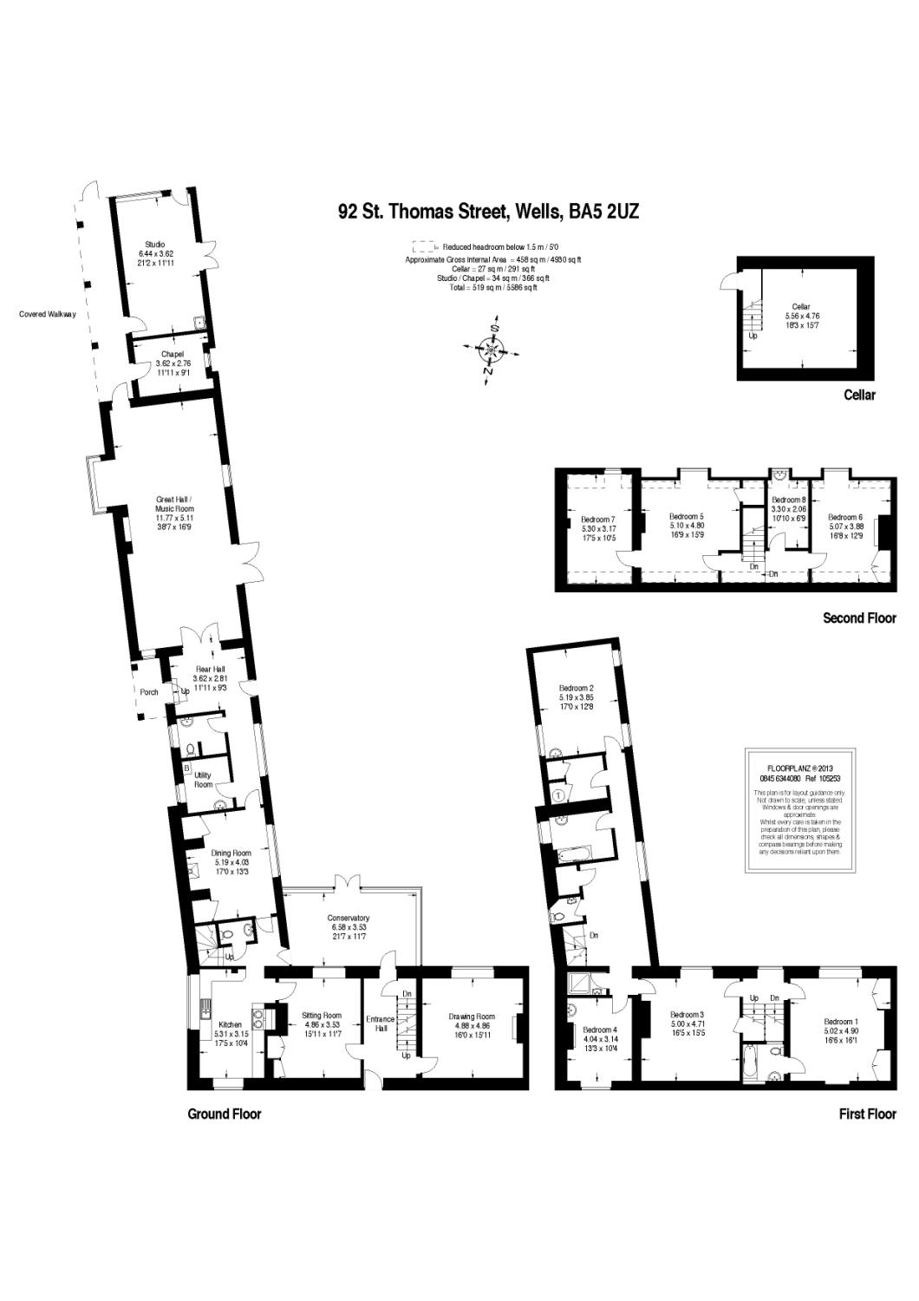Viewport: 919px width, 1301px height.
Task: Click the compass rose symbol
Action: point(492,350)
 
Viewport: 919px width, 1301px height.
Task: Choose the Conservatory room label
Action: point(349,918)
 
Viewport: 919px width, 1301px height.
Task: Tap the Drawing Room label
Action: point(472,1017)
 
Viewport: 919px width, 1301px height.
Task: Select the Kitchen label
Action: point(231,1024)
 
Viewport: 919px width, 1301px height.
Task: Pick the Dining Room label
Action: point(231,853)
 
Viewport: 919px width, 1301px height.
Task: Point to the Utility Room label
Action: point(204,779)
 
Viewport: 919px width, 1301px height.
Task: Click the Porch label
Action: point(149,692)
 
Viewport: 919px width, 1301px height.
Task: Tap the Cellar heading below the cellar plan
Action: point(860,396)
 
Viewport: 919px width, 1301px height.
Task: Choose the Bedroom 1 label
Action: point(839,1021)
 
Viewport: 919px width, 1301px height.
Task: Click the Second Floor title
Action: point(859,618)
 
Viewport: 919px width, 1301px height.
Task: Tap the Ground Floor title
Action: point(225,1114)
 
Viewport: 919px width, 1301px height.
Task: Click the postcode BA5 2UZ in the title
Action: point(603,211)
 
